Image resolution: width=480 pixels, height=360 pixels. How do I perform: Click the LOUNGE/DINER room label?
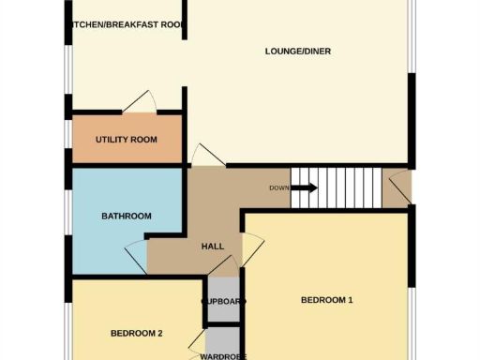pyautogui.click(x=298, y=52)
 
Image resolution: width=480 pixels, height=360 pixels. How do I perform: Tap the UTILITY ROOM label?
pyautogui.click(x=126, y=140)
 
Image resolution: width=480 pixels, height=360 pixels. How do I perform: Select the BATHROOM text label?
pyautogui.click(x=126, y=217)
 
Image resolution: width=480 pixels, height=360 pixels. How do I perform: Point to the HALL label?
pyautogui.click(x=213, y=246)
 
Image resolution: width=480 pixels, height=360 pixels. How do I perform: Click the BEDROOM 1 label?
pyautogui.click(x=326, y=300)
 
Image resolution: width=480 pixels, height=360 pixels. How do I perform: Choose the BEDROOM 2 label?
pyautogui.click(x=137, y=333)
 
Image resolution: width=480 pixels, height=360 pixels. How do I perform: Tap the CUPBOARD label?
pyautogui.click(x=224, y=302)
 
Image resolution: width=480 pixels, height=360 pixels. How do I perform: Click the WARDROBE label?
pyautogui.click(x=222, y=356)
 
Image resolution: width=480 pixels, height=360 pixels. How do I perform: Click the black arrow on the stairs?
pyautogui.click(x=304, y=187)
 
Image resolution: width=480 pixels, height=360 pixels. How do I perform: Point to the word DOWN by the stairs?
pyautogui.click(x=278, y=188)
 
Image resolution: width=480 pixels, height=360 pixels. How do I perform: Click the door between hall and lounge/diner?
pyautogui.click(x=202, y=156)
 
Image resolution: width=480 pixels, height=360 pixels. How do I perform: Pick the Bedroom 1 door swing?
pyautogui.click(x=253, y=247)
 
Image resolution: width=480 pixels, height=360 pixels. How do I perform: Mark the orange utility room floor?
pyautogui.click(x=103, y=150)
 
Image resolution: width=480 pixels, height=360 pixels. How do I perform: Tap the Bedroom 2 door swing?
pyautogui.click(x=197, y=343)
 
